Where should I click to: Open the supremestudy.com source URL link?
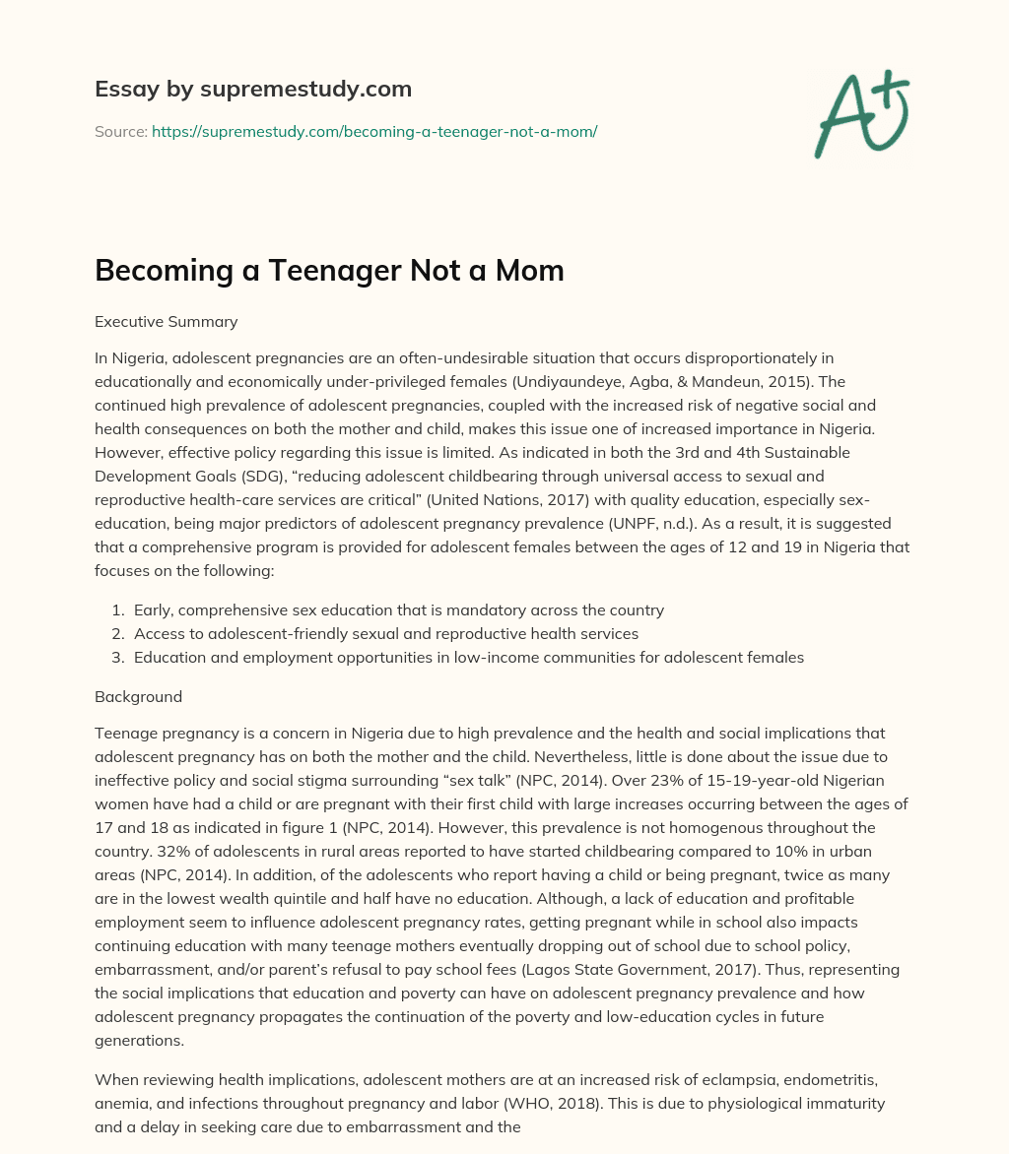[x=374, y=131]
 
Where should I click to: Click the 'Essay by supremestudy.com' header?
[x=252, y=90]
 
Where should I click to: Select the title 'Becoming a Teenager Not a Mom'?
[x=329, y=271]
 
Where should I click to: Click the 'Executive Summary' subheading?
[x=166, y=321]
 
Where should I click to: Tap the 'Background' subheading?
[x=138, y=696]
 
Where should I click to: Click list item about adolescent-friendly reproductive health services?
[x=386, y=634]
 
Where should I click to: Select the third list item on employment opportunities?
[x=469, y=658]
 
